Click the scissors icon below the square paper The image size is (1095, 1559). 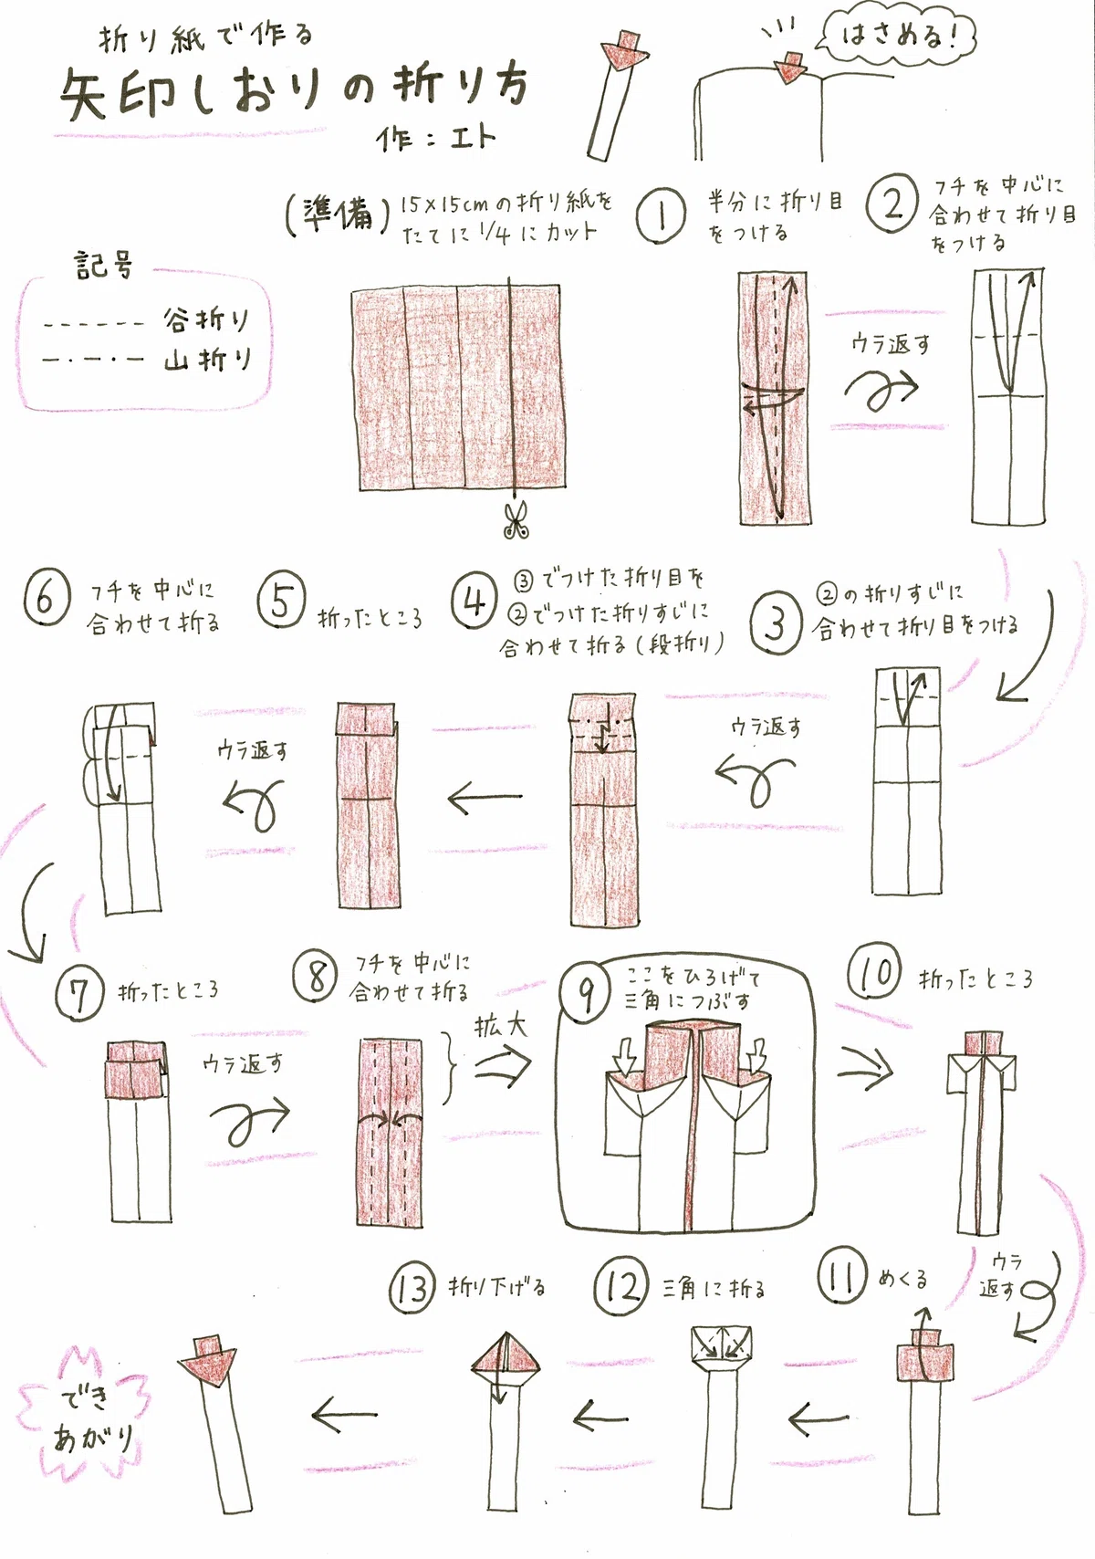(x=516, y=520)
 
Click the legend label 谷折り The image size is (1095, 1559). (x=206, y=321)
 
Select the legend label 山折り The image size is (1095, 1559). (x=207, y=360)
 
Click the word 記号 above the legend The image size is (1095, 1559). (x=103, y=265)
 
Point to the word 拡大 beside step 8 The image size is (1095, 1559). (x=501, y=1026)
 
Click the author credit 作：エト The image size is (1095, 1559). (x=435, y=138)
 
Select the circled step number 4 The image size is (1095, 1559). (x=474, y=602)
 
